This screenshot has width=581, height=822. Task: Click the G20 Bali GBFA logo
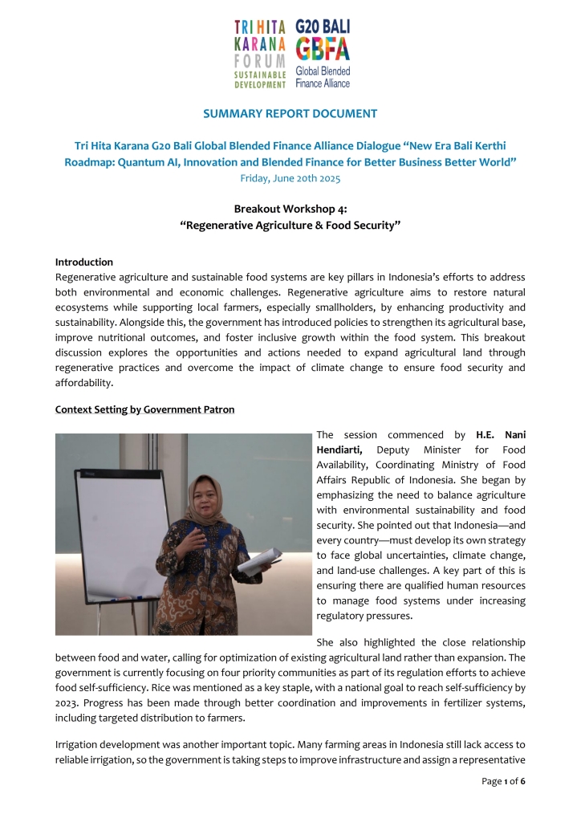(323, 53)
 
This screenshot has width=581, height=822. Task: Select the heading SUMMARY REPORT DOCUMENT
(290, 114)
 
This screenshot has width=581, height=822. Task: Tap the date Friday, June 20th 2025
(290, 178)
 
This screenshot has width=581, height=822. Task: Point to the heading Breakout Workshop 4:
(290, 209)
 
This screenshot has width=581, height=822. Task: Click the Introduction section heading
(84, 262)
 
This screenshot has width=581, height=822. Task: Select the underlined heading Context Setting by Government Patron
(144, 409)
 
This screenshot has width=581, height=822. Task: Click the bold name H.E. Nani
(501, 435)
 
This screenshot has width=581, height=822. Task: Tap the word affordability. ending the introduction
(87, 382)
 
